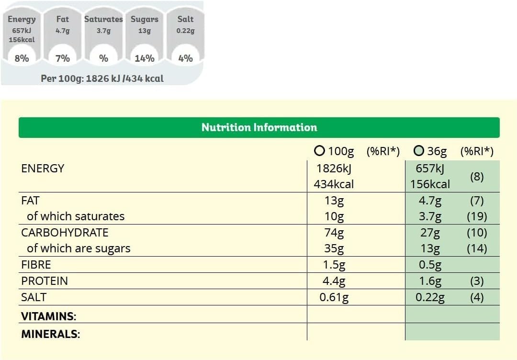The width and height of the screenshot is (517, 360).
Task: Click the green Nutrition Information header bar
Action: coord(259,127)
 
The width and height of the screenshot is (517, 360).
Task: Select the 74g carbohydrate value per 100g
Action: coord(335,233)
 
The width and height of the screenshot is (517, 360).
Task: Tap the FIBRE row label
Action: coord(36,265)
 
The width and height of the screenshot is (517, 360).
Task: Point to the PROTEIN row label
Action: coord(45,281)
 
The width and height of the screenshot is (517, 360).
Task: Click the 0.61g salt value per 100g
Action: coord(334,297)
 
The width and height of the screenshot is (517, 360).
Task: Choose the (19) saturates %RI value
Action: coord(477,216)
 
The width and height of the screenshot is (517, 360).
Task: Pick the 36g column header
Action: coord(430,151)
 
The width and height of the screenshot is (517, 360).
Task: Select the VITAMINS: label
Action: coord(49,316)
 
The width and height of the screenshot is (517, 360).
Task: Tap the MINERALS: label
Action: coord(50,334)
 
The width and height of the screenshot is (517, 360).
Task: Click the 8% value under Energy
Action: coord(22,58)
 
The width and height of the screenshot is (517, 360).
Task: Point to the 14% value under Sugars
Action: coord(144,58)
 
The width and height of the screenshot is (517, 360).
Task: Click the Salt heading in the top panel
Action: coord(185,19)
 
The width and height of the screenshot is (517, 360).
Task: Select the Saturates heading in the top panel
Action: coord(103,19)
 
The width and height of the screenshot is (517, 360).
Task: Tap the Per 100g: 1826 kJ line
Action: coord(102,79)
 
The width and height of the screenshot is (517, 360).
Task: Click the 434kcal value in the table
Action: coord(334,184)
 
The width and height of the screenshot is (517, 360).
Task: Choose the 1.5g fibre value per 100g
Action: coord(335,265)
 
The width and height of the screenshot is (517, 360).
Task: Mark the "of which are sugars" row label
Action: coord(79,248)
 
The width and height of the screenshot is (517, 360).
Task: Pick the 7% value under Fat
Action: coord(63,58)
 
